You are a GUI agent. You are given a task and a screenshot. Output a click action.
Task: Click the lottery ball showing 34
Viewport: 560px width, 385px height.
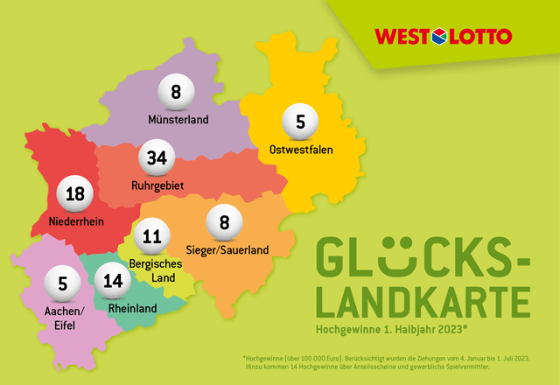pyautogui.click(x=157, y=158)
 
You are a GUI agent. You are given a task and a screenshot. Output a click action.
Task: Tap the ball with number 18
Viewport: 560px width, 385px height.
pyautogui.click(x=75, y=194)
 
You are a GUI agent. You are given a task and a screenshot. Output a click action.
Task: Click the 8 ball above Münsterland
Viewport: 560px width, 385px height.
pyautogui.click(x=176, y=91)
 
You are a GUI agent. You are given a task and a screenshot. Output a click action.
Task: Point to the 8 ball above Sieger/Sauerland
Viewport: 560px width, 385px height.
pyautogui.click(x=224, y=222)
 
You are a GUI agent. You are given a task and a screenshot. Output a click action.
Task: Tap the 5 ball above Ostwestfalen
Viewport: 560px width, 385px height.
pyautogui.click(x=300, y=122)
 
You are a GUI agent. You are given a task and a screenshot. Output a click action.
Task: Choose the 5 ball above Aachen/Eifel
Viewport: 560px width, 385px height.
pyautogui.click(x=63, y=283)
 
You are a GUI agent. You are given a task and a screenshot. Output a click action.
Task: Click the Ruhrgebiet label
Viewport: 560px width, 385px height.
pyautogui.click(x=157, y=185)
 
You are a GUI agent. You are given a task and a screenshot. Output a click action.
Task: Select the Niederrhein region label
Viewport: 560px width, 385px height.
pyautogui.click(x=77, y=222)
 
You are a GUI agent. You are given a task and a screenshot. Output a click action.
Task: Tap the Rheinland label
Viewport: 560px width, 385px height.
pyautogui.click(x=133, y=308)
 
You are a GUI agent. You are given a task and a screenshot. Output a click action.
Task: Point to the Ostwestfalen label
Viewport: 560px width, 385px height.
pyautogui.click(x=302, y=149)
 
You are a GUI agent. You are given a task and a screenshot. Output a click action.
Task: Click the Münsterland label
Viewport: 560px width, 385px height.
pyautogui.click(x=178, y=118)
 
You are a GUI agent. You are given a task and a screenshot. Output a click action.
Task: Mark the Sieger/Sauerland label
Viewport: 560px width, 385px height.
pyautogui.click(x=227, y=249)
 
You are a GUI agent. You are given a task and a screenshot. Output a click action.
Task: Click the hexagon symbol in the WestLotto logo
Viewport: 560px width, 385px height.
pyautogui.click(x=440, y=37)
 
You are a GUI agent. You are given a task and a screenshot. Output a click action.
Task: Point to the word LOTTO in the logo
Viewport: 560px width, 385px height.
pyautogui.click(x=480, y=37)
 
